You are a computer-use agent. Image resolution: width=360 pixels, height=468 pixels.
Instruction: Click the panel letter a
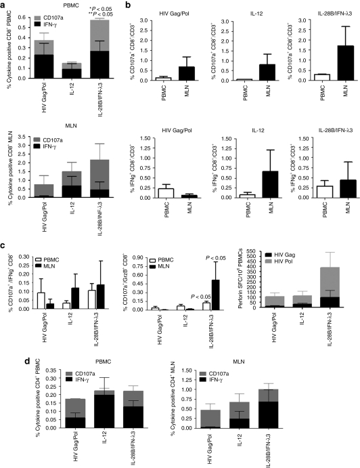pos(4,5)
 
